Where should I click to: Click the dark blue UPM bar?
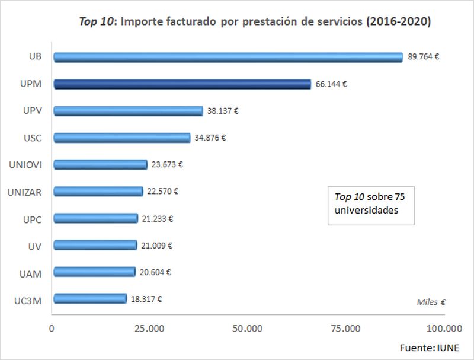click(x=182, y=84)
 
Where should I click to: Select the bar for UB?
click(x=228, y=58)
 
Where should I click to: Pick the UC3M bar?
click(x=89, y=298)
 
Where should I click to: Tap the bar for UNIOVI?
click(x=100, y=164)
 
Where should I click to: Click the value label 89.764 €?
click(x=423, y=58)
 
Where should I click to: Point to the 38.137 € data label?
click(x=223, y=111)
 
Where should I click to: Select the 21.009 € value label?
click(x=157, y=245)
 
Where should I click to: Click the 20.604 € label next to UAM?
click(x=155, y=272)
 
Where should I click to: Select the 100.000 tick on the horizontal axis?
click(x=444, y=328)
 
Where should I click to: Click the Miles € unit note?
click(x=430, y=302)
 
